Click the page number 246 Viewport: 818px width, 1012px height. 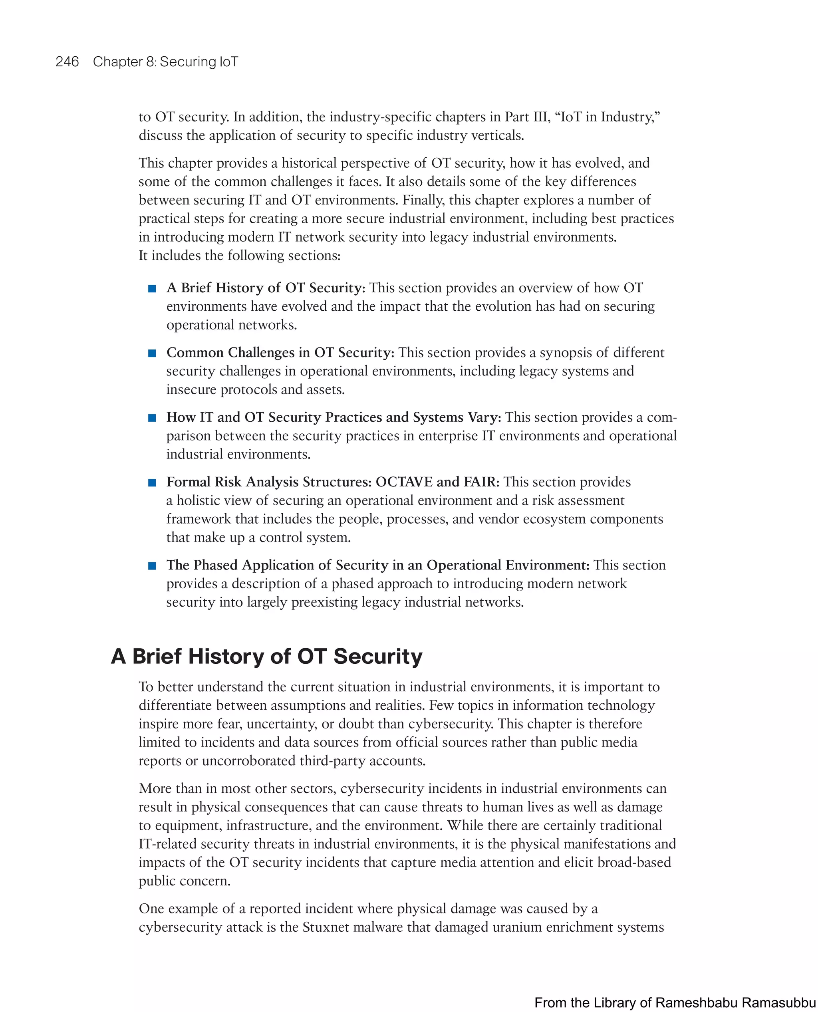67,62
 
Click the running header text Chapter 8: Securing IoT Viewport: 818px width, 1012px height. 165,62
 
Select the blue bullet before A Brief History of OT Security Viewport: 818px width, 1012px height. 152,289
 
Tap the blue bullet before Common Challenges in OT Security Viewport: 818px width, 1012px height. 152,353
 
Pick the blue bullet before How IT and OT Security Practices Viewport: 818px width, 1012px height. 152,418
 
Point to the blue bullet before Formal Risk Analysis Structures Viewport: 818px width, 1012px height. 152,482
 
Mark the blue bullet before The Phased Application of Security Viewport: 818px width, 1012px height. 152,566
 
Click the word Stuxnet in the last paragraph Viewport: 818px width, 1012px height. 326,927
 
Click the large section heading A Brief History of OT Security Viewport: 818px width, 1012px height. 267,656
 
